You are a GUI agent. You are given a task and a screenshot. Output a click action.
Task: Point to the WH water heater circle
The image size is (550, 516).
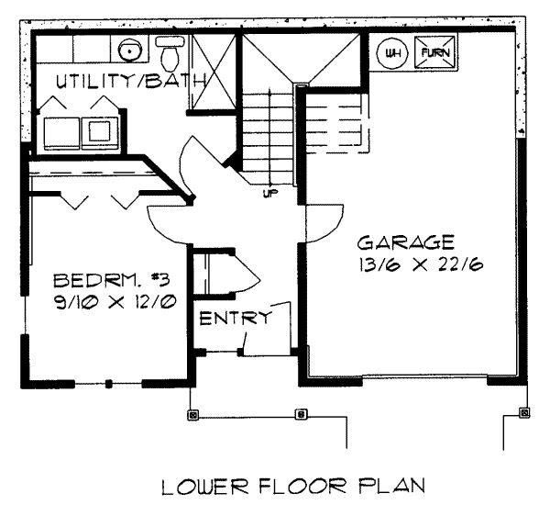click(x=392, y=51)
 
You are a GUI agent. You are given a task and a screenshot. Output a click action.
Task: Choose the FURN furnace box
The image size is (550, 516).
click(x=434, y=51)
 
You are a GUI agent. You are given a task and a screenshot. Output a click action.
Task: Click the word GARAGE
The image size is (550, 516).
click(x=405, y=243)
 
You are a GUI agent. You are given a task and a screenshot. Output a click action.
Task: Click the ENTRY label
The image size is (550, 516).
click(x=236, y=319)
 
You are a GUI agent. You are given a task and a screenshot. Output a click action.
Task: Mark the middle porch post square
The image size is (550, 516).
click(x=301, y=414)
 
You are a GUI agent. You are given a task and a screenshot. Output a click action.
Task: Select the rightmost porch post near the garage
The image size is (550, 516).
click(x=524, y=412)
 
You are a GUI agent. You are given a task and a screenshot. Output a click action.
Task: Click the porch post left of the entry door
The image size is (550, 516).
click(x=192, y=414)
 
